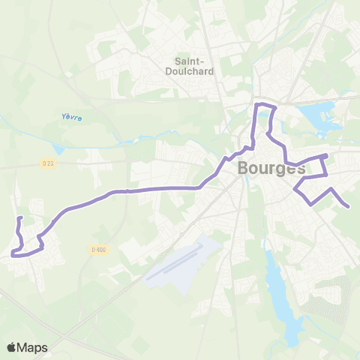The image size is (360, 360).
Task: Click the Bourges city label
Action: [271, 168]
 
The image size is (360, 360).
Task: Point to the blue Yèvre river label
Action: [71, 117]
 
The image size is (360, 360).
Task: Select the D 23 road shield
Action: [49, 163]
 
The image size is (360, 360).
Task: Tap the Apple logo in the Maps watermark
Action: [12, 347]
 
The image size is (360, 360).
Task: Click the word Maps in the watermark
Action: [33, 347]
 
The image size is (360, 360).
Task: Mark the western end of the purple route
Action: [20, 218]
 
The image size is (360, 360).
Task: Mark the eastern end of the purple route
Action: [348, 206]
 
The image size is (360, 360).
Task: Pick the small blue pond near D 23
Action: [59, 149]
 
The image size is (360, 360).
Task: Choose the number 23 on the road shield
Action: [51, 163]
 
